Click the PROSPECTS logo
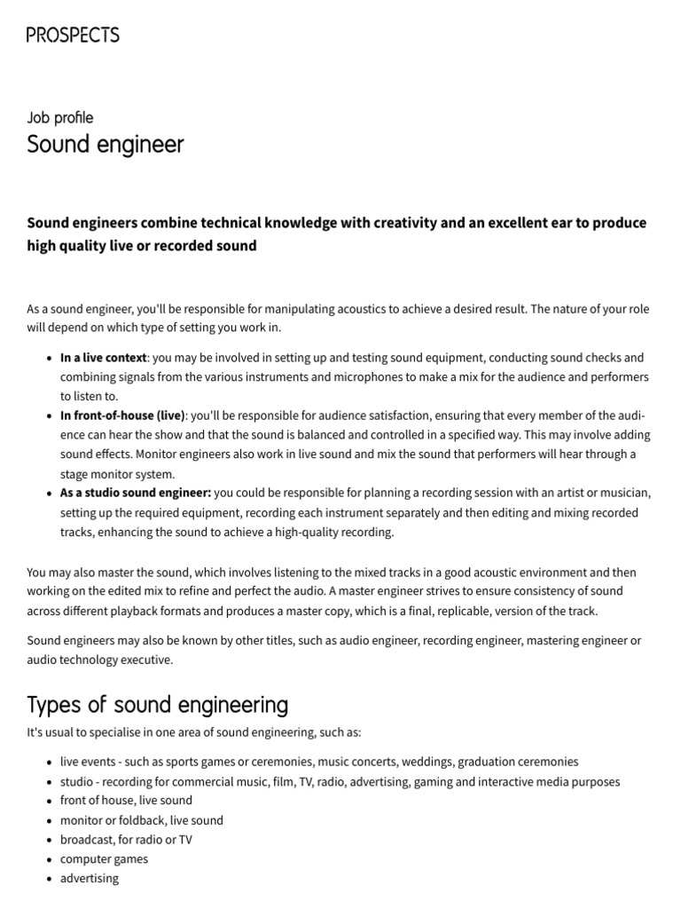[x=73, y=36]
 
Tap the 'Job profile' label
[x=59, y=117]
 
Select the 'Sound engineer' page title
[x=106, y=144]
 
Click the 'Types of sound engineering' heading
[x=158, y=705]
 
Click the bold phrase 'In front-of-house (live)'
[x=122, y=415]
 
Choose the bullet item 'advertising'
[x=89, y=878]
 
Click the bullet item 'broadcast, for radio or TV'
[x=126, y=839]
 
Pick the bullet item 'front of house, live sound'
[x=126, y=800]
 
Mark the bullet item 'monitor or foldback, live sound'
[x=141, y=819]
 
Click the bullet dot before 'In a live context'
[x=48, y=359]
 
